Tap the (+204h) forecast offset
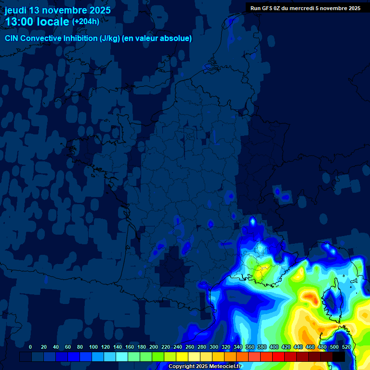[86, 22]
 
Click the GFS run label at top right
[305, 8]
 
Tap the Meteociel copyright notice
[205, 366]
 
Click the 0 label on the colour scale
[30, 347]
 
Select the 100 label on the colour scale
[93, 347]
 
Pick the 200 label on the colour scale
[154, 347]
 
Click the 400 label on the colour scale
[274, 347]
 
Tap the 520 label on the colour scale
[346, 347]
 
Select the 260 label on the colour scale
[190, 347]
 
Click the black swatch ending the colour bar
[339, 357]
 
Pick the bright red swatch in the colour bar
[278, 357]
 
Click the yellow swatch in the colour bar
[182, 357]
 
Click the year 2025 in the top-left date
[100, 10]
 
